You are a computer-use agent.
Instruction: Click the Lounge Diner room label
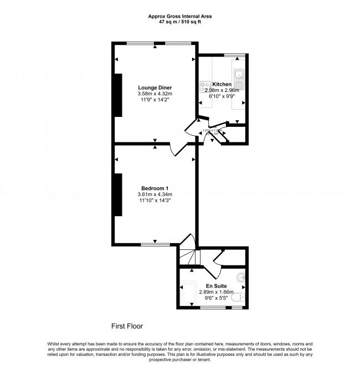click(155, 88)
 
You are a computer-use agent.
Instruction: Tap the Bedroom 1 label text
click(155, 188)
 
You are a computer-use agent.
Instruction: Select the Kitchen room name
click(222, 84)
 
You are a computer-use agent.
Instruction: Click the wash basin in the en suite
click(240, 277)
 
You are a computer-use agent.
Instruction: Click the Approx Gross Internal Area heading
click(179, 17)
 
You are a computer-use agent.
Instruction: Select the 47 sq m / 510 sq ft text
click(179, 23)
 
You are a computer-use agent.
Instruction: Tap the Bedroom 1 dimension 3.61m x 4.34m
click(155, 194)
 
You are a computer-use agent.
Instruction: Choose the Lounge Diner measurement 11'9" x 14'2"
click(155, 100)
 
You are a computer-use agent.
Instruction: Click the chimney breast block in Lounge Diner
click(118, 95)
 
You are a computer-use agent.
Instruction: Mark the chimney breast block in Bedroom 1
click(118, 194)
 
